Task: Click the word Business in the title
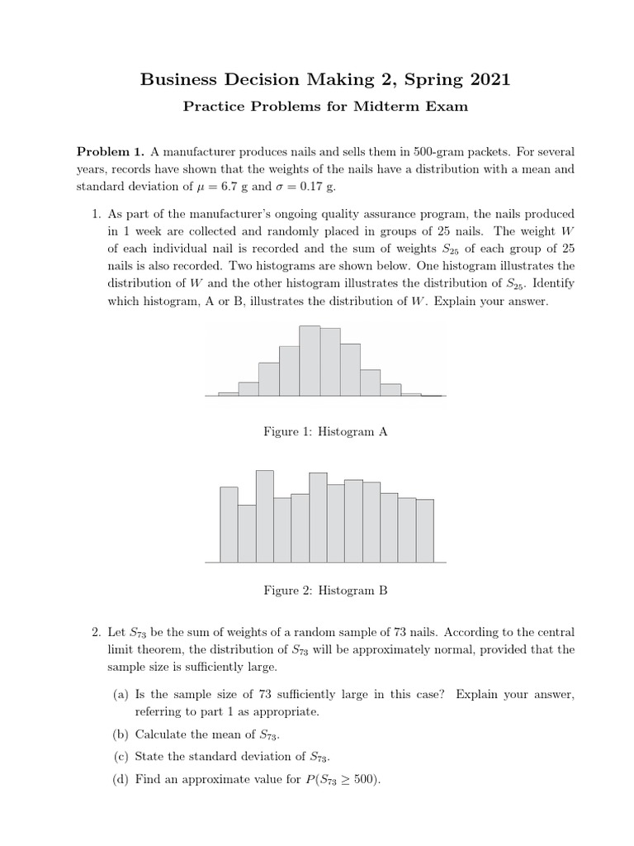177,80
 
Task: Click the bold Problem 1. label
110,152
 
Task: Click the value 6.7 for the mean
238,187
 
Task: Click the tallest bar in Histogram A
310,360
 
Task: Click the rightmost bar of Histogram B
425,530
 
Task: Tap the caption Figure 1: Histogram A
325,431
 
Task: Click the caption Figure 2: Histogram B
325,591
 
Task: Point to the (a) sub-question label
121,695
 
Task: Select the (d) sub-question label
121,779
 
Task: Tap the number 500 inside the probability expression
363,779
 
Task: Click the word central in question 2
555,633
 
